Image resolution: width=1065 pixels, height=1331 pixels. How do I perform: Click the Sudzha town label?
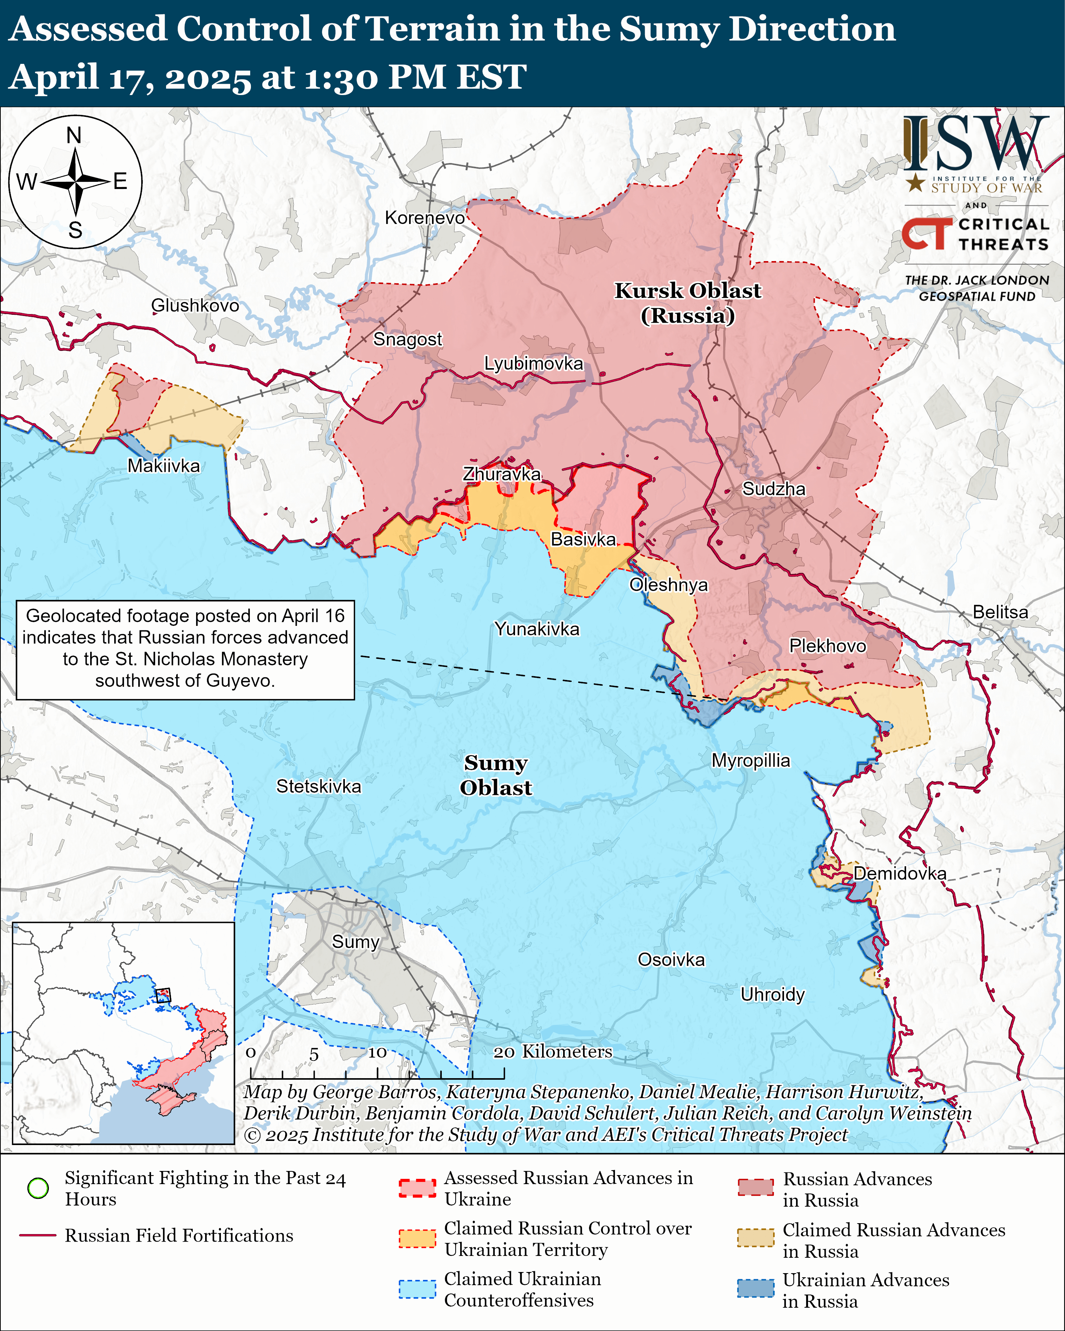pyautogui.click(x=773, y=489)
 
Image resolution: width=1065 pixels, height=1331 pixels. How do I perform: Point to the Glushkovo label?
pyautogui.click(x=195, y=305)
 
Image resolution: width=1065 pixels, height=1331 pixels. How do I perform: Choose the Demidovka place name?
pyautogui.click(x=900, y=873)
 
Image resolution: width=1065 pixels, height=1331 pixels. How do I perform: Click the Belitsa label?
pyautogui.click(x=1000, y=612)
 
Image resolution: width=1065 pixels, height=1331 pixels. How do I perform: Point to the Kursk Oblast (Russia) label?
pyautogui.click(x=688, y=302)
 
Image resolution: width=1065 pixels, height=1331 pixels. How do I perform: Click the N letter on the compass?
pyautogui.click(x=74, y=135)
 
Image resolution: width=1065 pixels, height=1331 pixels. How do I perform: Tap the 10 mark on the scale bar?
pyautogui.click(x=377, y=1052)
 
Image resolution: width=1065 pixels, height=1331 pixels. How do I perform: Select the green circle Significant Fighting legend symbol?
pyautogui.click(x=38, y=1188)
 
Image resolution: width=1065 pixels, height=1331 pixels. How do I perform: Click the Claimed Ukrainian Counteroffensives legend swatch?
pyautogui.click(x=417, y=1289)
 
